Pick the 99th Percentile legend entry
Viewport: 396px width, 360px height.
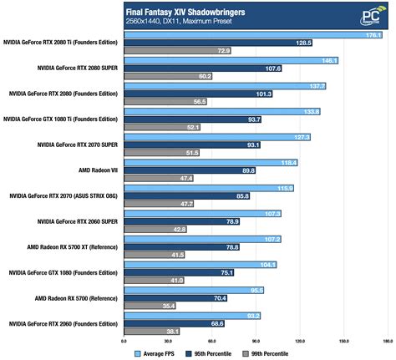coord(268,353)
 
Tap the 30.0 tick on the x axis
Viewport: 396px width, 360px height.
coord(167,342)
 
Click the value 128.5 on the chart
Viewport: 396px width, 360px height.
coord(302,42)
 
